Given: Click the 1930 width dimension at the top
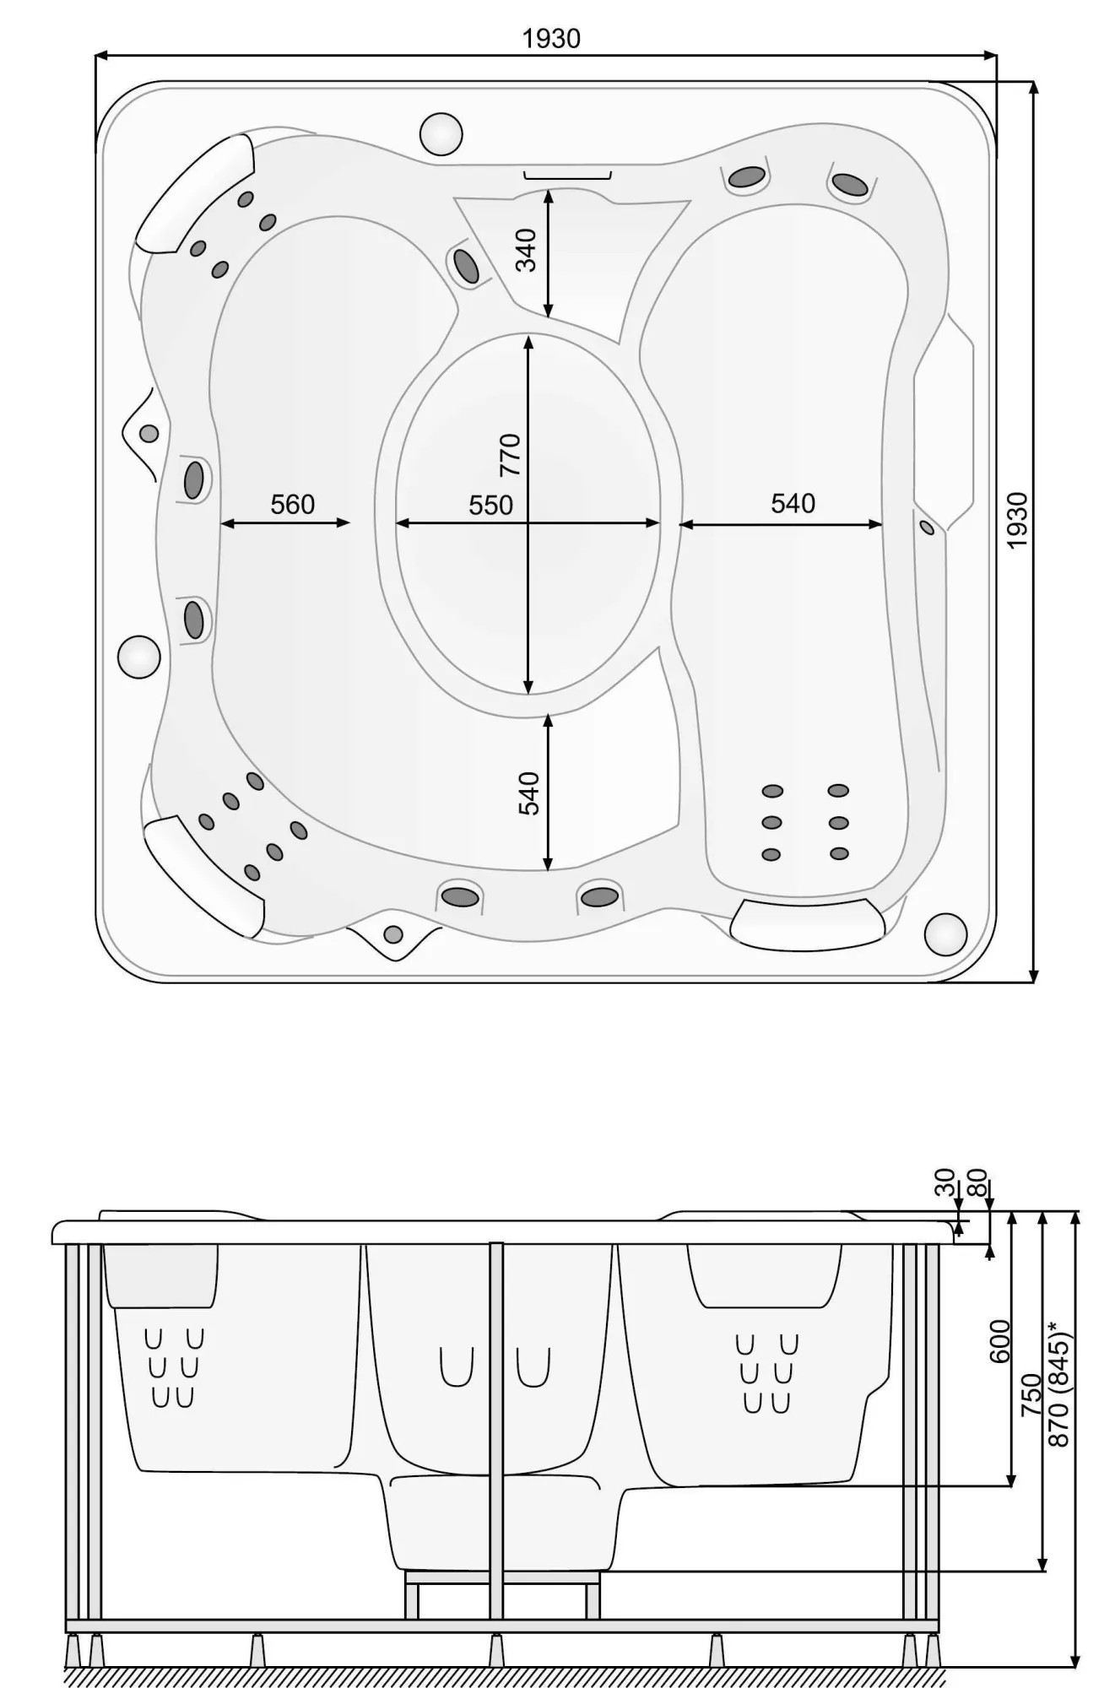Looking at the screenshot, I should point(551,39).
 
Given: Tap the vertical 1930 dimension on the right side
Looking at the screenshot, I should point(1018,520).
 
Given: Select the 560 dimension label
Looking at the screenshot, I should point(292,505).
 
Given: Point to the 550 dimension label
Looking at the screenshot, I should point(490,505).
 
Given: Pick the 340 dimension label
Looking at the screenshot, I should point(526,250).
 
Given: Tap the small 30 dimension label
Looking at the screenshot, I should point(945,1182).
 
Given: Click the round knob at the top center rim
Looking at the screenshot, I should point(441,134).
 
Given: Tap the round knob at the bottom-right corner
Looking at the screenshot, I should point(945,934).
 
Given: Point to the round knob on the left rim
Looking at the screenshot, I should point(138,657).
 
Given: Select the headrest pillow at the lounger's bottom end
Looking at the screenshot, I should point(806,924).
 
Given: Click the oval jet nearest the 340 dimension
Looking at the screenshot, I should point(466,266).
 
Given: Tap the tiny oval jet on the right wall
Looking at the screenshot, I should point(927,527).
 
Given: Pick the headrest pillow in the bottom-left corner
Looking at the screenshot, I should point(203,874).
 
